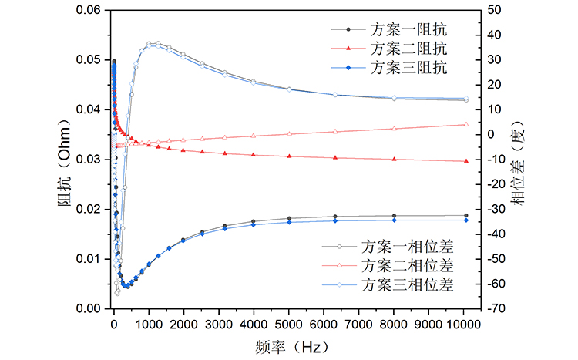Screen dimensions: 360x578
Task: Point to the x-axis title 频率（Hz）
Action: [290, 345]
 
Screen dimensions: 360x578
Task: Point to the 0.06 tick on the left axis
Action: [89, 10]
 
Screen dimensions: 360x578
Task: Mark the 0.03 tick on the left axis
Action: [89, 160]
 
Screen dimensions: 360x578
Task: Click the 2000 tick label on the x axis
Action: [183, 322]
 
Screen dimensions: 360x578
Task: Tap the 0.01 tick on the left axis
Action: [89, 259]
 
